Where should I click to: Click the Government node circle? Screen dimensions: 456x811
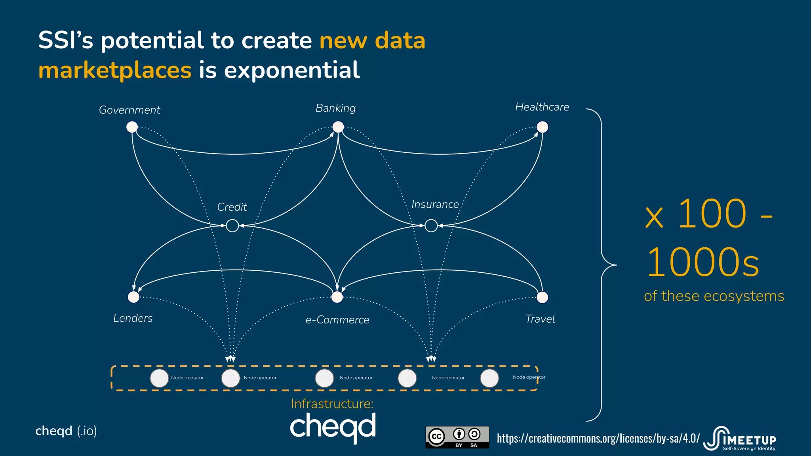pyautogui.click(x=132, y=127)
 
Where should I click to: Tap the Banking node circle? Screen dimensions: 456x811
pyautogui.click(x=338, y=127)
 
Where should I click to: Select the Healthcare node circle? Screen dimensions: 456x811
pyautogui.click(x=542, y=127)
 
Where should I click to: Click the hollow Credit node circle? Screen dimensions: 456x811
pyautogui.click(x=232, y=226)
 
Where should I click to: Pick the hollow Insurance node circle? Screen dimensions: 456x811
pyautogui.click(x=431, y=226)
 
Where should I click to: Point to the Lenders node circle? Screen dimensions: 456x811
pyautogui.click(x=134, y=297)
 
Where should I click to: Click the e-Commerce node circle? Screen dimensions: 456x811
pyautogui.click(x=337, y=297)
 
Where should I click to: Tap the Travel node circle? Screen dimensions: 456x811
pyautogui.click(x=542, y=297)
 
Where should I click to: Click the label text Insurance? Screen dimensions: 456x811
pyautogui.click(x=435, y=204)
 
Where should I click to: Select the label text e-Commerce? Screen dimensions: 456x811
pyautogui.click(x=337, y=320)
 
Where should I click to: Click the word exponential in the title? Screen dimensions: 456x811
pyautogui.click(x=291, y=70)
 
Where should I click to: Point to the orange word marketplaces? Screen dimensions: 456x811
pyautogui.click(x=115, y=70)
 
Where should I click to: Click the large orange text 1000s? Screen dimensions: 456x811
pyautogui.click(x=703, y=262)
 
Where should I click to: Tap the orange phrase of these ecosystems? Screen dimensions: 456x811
pyautogui.click(x=714, y=296)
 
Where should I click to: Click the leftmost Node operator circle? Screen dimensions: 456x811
pyautogui.click(x=160, y=378)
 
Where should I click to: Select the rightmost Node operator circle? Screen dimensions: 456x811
pyautogui.click(x=489, y=378)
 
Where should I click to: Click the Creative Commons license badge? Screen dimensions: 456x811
pyautogui.click(x=457, y=437)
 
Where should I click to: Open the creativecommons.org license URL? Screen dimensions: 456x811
pyautogui.click(x=598, y=438)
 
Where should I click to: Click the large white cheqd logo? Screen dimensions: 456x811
pyautogui.click(x=333, y=427)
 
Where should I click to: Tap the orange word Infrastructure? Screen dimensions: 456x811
pyautogui.click(x=332, y=403)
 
